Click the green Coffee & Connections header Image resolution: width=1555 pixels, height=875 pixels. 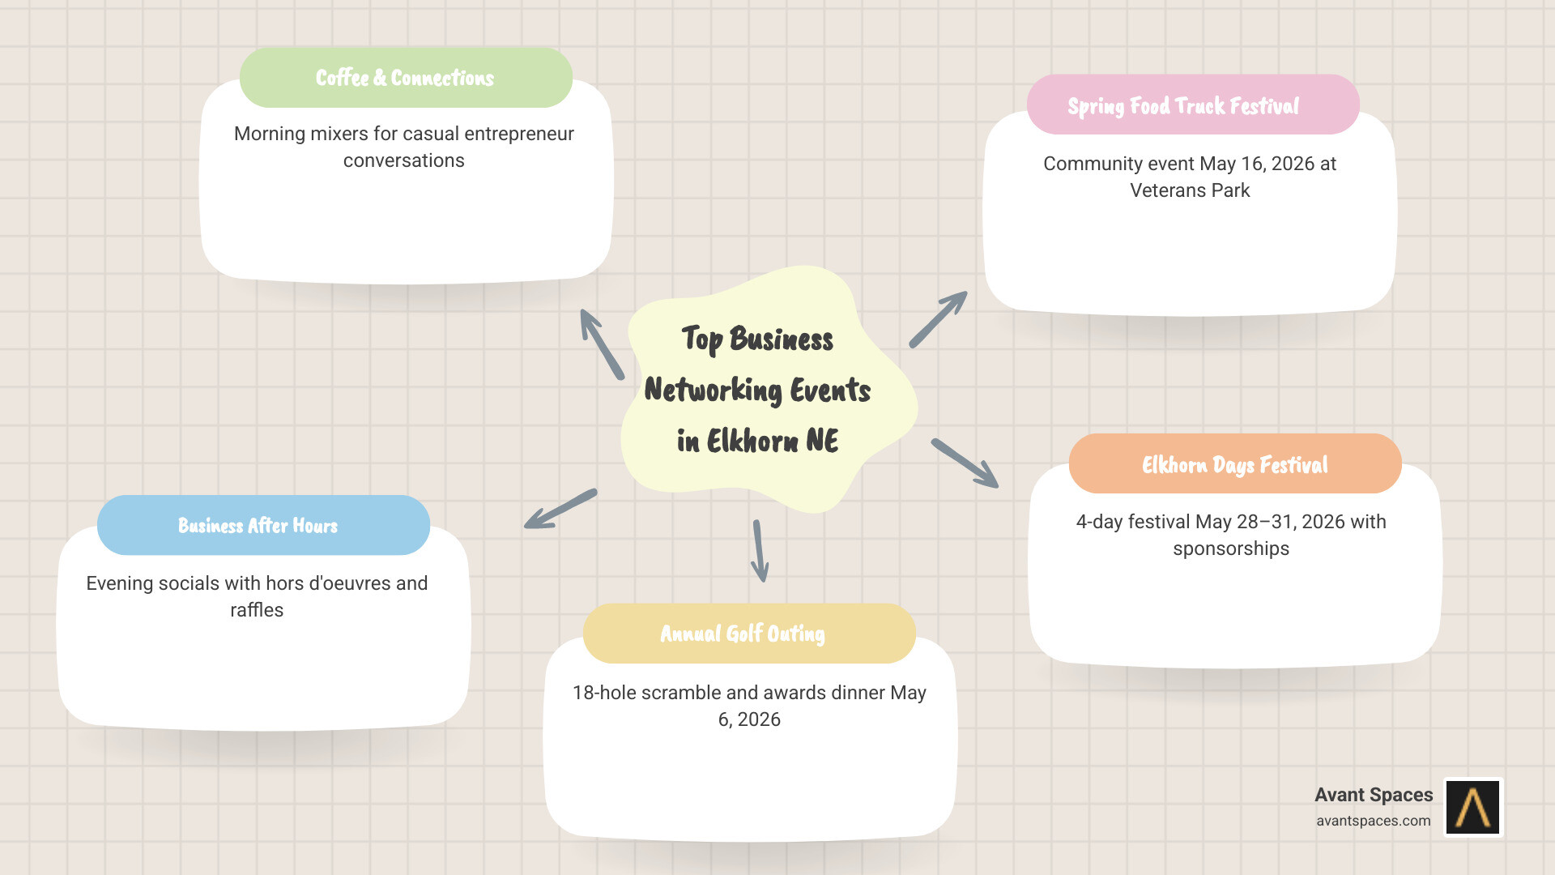click(x=405, y=78)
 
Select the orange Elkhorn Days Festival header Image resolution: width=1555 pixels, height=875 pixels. click(x=1234, y=464)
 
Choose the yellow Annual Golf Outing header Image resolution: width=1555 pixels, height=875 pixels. click(x=743, y=634)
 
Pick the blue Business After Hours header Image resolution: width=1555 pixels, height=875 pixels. click(x=258, y=526)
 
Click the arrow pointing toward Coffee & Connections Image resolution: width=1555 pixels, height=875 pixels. click(x=601, y=344)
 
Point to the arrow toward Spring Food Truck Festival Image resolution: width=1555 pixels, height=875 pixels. click(x=938, y=319)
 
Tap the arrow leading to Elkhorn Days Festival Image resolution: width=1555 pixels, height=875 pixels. click(x=965, y=463)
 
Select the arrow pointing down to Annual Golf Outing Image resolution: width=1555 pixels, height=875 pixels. click(x=760, y=551)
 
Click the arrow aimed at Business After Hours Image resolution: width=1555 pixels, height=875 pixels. click(x=560, y=509)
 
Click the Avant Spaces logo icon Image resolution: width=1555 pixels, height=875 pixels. click(x=1473, y=807)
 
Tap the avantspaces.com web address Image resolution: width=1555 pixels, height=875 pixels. click(x=1373, y=821)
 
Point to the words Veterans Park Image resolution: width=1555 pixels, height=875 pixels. click(x=1190, y=190)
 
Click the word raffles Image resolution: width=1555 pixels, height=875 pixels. click(x=257, y=610)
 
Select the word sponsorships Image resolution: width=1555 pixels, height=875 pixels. click(x=1231, y=548)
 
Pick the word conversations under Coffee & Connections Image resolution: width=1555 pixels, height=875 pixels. click(x=403, y=160)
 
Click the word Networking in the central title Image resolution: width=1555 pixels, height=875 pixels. click(x=713, y=391)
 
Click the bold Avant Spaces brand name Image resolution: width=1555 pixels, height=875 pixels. click(x=1374, y=795)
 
